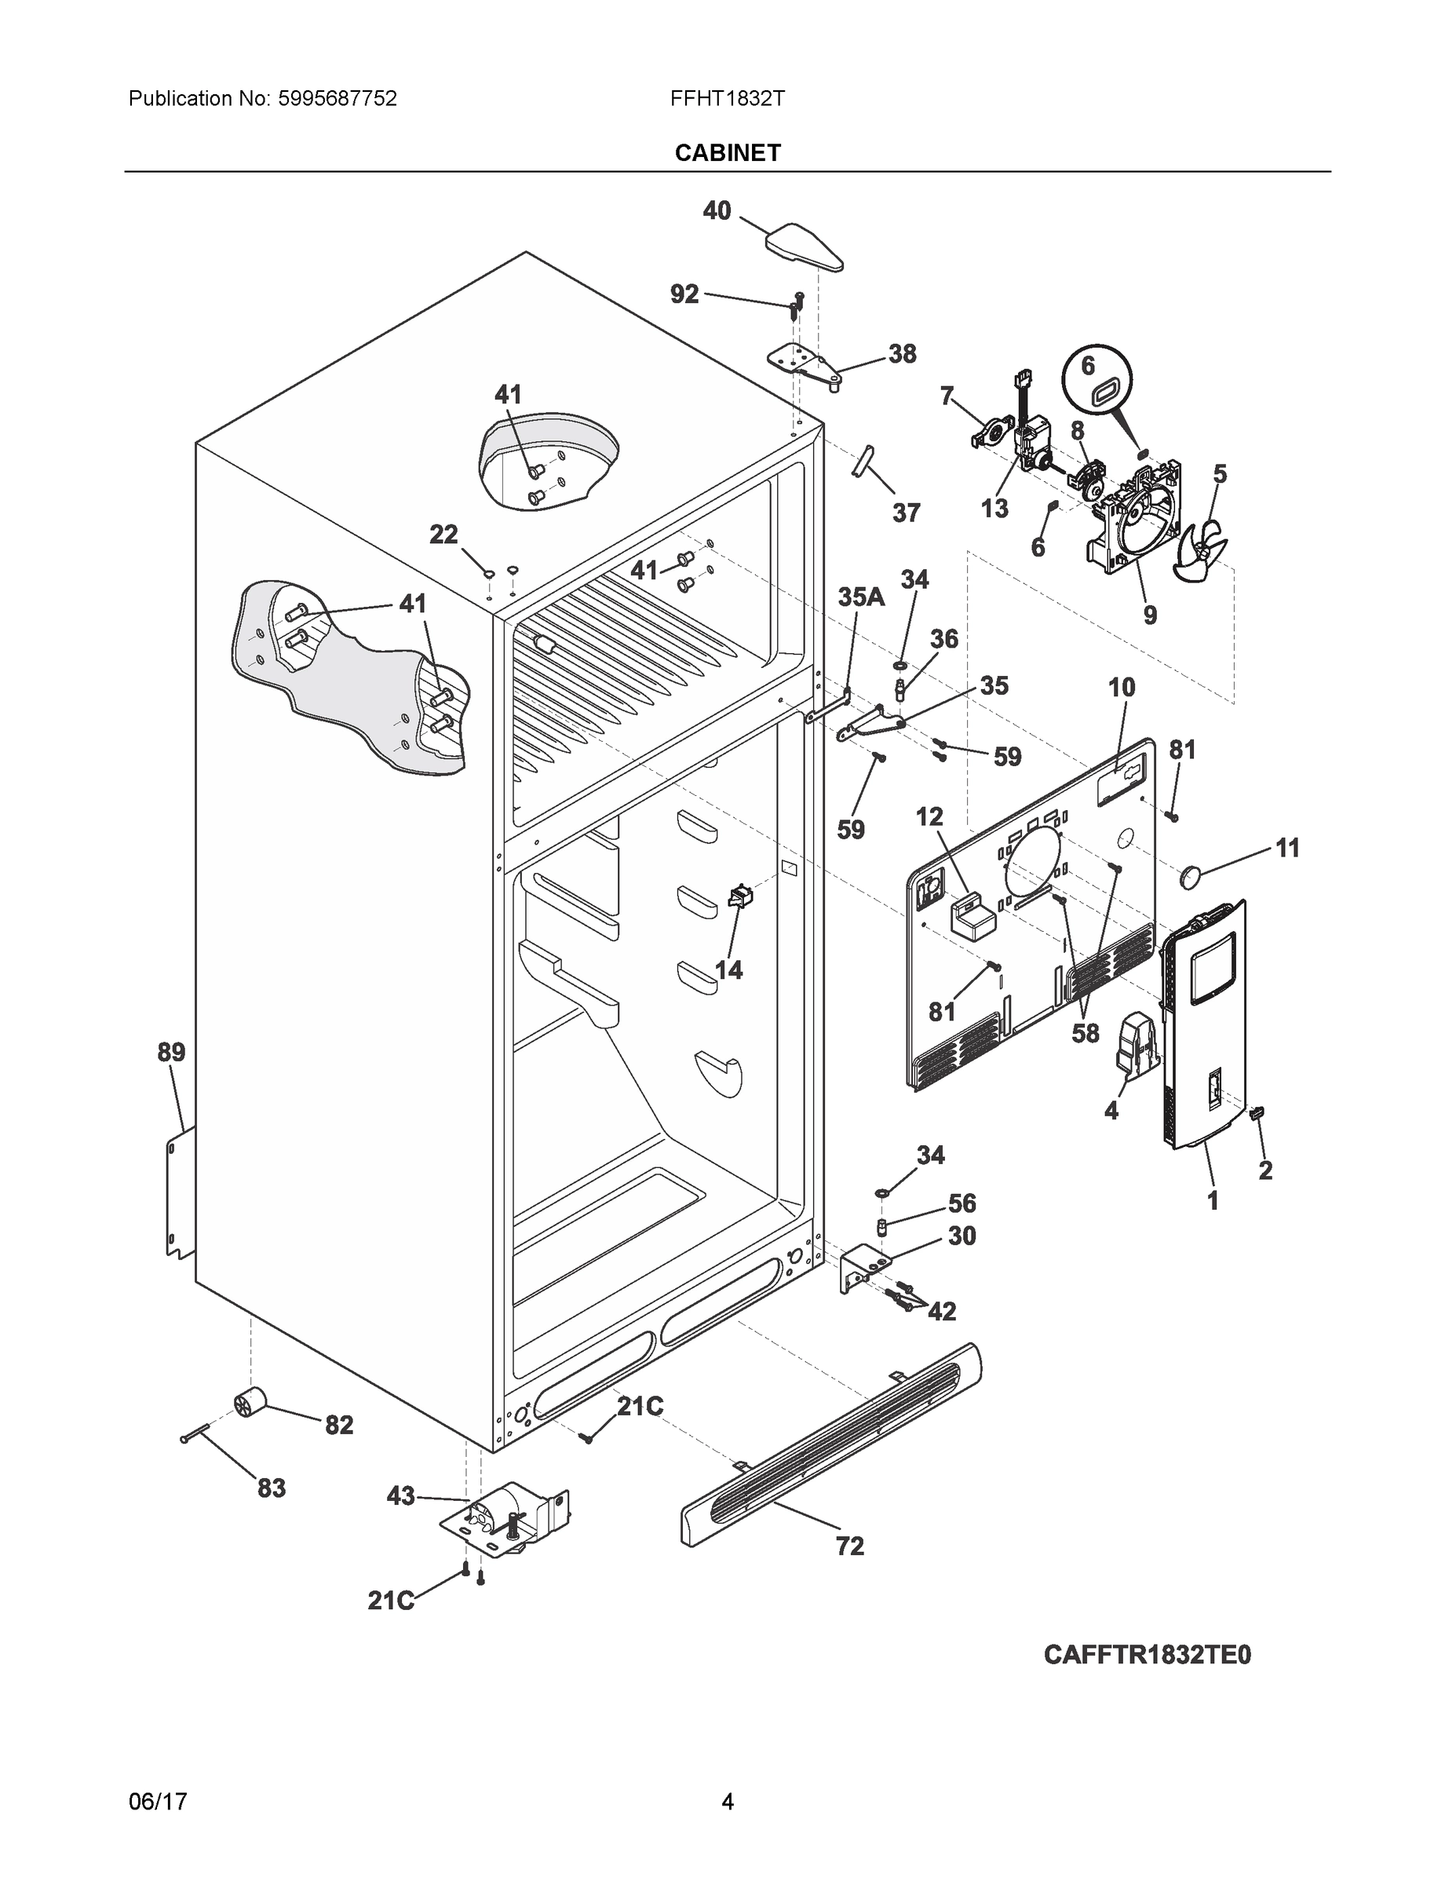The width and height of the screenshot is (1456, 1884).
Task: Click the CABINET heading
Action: pyautogui.click(x=727, y=153)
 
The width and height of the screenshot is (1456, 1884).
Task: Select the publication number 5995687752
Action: pyautogui.click(x=338, y=98)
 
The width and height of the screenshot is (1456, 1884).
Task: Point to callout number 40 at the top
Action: pyautogui.click(x=717, y=210)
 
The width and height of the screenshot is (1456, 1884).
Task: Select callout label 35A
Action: pyautogui.click(x=861, y=597)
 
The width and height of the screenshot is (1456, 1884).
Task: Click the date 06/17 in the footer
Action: pyautogui.click(x=158, y=1802)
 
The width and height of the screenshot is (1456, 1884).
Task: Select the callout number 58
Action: pyautogui.click(x=1085, y=1031)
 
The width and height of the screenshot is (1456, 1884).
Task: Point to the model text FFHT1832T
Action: pyautogui.click(x=727, y=98)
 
